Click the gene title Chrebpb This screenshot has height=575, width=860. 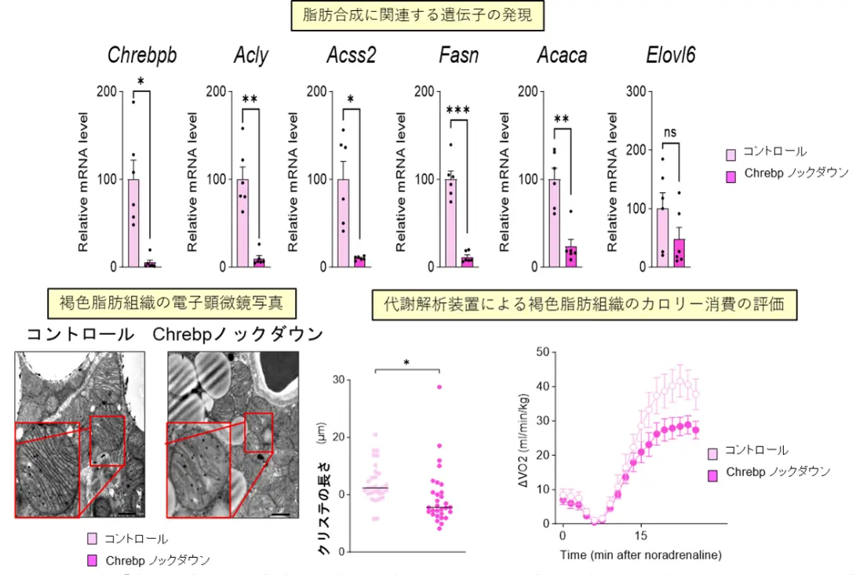(141, 56)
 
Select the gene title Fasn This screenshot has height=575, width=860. (458, 56)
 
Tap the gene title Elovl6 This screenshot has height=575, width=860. (670, 56)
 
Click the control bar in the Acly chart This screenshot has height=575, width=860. (242, 223)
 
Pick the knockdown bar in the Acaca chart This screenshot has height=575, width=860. (570, 257)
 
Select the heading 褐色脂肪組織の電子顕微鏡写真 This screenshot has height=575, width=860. (177, 300)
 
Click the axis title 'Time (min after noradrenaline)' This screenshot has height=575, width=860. (640, 555)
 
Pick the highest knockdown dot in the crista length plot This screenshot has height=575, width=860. (439, 387)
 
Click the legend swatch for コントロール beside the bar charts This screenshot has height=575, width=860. (731, 153)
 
